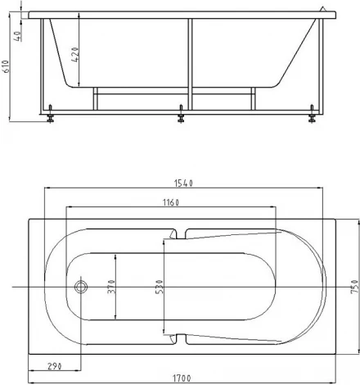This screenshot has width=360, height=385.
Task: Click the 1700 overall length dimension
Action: point(182,378)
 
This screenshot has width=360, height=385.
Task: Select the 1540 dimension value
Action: point(183,183)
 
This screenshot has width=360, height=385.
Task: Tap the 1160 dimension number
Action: point(171,202)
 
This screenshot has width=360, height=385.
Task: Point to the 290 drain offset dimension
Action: point(55,366)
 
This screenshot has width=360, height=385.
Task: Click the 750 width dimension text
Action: point(354,287)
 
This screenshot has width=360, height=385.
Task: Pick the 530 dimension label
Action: point(159,287)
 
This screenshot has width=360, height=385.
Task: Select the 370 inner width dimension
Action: point(111,287)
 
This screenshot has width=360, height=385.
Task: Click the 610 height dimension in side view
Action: point(7,66)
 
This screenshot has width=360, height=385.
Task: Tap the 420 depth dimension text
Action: point(75,55)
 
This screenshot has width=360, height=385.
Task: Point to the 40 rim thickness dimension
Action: point(18,36)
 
